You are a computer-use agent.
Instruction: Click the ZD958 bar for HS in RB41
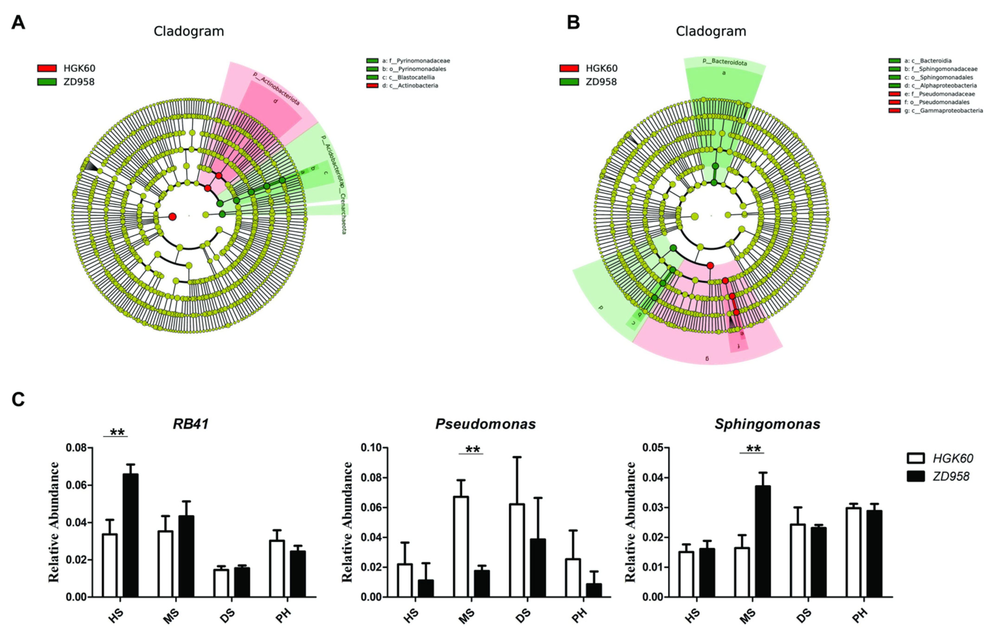(x=131, y=535)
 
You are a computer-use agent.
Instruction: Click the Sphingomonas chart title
(x=767, y=424)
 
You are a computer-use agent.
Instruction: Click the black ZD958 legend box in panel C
(x=916, y=477)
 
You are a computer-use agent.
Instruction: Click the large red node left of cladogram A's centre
(x=172, y=216)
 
